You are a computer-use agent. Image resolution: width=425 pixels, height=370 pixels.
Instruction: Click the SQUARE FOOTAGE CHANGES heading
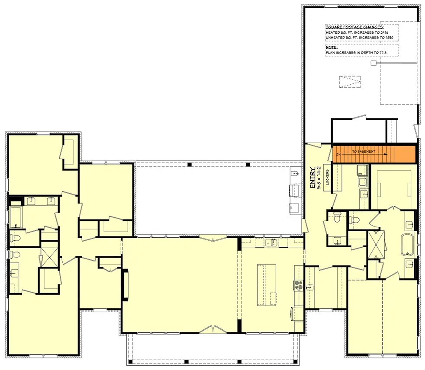(348, 27)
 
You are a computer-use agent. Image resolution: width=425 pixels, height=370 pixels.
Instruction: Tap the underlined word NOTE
(332, 46)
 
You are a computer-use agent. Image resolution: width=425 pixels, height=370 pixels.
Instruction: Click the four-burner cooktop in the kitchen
(298, 284)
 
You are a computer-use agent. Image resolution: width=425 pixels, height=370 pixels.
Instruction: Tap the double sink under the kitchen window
(271, 242)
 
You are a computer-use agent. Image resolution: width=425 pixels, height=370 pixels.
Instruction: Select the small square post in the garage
(373, 63)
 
